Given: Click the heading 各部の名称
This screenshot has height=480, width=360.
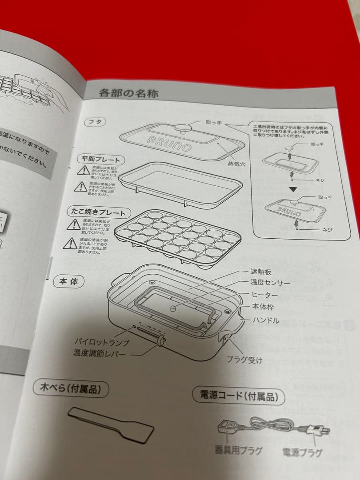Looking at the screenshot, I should click(128, 93).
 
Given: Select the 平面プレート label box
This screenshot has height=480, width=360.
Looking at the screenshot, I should click(100, 160).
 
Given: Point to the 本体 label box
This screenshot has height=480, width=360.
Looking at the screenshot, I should click(68, 282).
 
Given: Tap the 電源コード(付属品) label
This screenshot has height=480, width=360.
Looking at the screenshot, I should click(238, 395).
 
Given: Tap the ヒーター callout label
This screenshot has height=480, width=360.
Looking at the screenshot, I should click(265, 295).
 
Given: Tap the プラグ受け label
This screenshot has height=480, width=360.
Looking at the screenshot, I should click(244, 360).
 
